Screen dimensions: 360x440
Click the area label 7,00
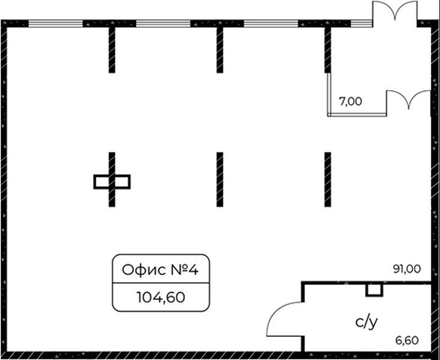click(x=351, y=101)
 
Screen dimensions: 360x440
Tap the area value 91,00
click(x=406, y=269)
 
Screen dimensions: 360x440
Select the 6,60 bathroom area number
click(x=407, y=340)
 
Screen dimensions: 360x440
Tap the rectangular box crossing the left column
click(x=112, y=181)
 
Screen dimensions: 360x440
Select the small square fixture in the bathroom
click(x=374, y=290)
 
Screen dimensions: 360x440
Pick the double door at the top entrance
click(x=394, y=12)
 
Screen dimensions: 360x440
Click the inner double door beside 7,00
click(x=408, y=100)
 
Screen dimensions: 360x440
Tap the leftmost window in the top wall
click(x=55, y=24)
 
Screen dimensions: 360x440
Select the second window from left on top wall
click(x=163, y=24)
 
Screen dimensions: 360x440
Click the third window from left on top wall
click(x=271, y=24)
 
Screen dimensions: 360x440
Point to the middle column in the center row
click(x=220, y=179)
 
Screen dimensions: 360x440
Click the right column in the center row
click(x=328, y=179)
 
